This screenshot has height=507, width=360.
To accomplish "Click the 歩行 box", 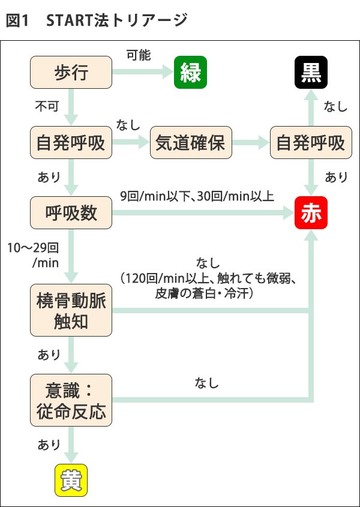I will (71, 73).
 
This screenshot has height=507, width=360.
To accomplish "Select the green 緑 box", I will (190, 73).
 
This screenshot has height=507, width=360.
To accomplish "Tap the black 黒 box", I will (311, 73).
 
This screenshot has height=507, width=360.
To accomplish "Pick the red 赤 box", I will (311, 213).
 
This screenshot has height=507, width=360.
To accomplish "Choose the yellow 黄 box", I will (71, 480).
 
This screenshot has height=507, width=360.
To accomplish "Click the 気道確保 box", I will (190, 143).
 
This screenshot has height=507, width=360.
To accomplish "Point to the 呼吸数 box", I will (71, 213).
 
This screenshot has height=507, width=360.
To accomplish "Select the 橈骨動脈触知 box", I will (71, 311).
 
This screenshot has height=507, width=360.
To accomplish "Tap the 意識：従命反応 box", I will (71, 401).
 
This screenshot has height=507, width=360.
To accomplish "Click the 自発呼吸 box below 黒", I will (311, 143).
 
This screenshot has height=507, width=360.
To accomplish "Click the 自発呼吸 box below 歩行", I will (71, 143).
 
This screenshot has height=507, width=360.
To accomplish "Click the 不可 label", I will (47, 107).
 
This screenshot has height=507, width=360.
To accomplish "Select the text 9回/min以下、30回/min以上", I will (197, 196).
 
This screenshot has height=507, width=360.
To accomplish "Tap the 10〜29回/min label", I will (33, 255).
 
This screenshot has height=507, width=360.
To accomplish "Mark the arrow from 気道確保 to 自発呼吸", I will (251, 143).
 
